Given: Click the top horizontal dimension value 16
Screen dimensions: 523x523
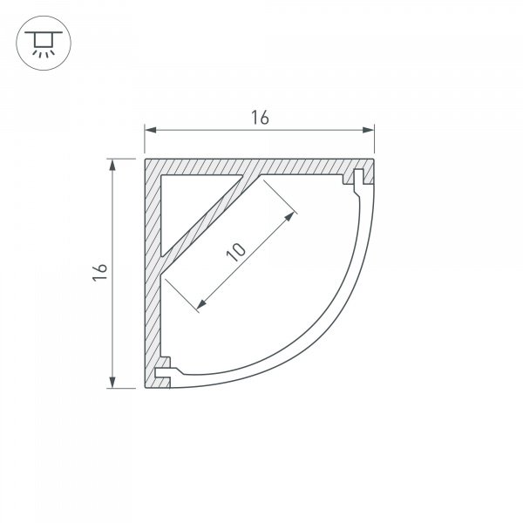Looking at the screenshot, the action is tap(260, 118).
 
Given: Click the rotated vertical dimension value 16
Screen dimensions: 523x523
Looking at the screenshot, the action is tap(99, 273).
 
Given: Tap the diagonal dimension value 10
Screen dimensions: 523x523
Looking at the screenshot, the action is tap(236, 252).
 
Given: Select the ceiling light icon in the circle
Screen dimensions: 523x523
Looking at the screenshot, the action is tap(44, 44).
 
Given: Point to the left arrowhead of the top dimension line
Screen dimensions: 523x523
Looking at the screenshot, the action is tap(151, 130).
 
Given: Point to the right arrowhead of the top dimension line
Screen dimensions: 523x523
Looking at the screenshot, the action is tap(368, 130).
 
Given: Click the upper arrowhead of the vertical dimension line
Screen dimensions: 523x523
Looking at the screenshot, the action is tap(112, 165).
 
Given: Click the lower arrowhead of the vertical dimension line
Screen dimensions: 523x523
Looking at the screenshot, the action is tap(112, 383).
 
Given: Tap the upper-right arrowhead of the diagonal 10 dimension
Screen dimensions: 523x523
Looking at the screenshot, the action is tap(289, 217).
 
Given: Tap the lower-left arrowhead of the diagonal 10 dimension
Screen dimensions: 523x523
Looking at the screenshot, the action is tap(201, 303).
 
